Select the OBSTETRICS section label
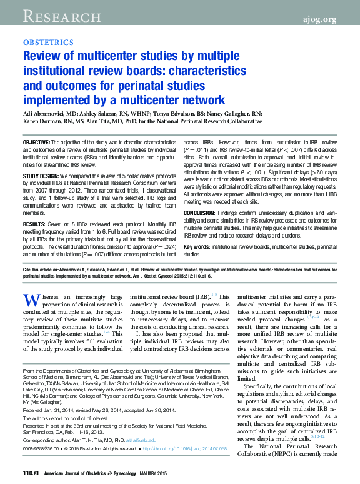click(47, 43)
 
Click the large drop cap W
click(31, 301)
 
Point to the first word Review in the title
click(40, 56)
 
